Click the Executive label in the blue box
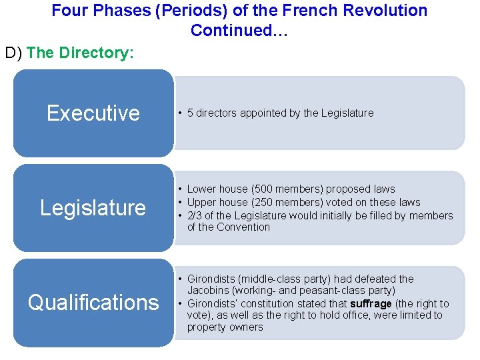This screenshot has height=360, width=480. click(93, 113)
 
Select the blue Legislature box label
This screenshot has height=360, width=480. click(93, 208)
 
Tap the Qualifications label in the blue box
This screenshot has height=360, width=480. click(93, 303)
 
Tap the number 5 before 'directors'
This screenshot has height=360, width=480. click(190, 113)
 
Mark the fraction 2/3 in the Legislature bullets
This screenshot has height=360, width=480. click(195, 215)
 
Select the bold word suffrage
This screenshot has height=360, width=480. click(371, 304)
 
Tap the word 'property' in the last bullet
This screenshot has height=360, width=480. click(207, 327)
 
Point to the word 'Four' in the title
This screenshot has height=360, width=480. click(68, 11)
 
